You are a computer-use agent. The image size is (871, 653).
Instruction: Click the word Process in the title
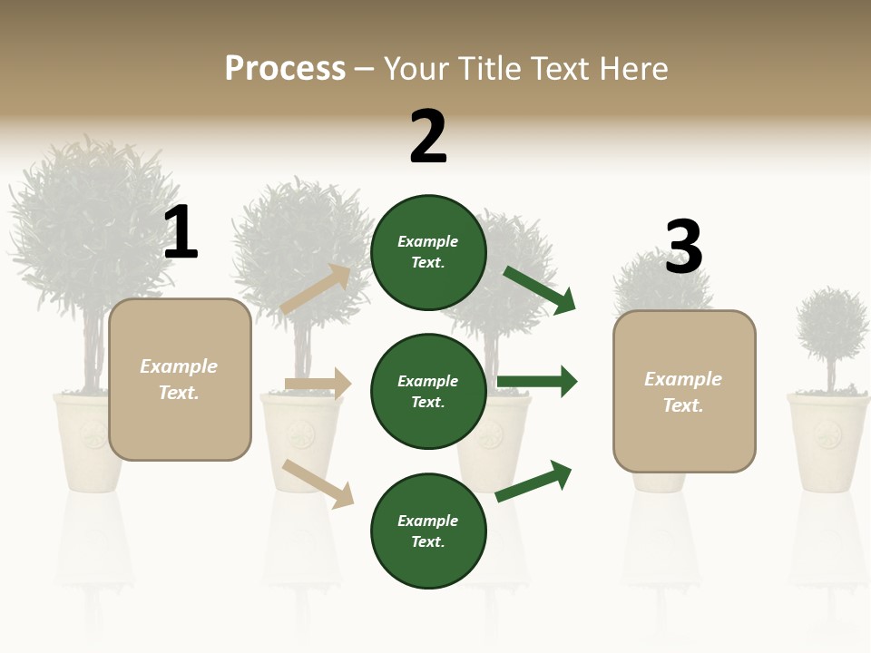[x=285, y=69]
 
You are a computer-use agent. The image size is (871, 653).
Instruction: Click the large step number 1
[x=181, y=233]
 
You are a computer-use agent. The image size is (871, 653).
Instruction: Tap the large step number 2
[x=428, y=138]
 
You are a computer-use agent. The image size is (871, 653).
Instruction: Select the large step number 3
[x=683, y=249]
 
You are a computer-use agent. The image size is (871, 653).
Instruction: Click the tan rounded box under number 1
[x=180, y=379]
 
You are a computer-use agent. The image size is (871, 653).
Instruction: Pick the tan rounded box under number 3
[x=684, y=392]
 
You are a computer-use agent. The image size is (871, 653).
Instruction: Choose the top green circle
[x=428, y=252]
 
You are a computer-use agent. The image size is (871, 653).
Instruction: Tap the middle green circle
[x=428, y=392]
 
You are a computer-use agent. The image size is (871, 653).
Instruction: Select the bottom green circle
[x=428, y=531]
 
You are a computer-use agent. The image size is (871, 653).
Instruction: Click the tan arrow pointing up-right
[x=316, y=289]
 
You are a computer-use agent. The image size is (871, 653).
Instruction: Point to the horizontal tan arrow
[x=318, y=384]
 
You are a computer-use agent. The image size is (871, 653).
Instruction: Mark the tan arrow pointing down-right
[x=318, y=483]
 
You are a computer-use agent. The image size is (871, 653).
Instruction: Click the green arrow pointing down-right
[x=540, y=290]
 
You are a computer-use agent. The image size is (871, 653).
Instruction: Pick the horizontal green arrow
[x=537, y=381]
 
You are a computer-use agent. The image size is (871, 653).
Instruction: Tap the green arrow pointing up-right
[x=533, y=481]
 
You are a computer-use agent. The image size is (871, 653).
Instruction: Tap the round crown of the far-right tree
[x=832, y=325]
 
